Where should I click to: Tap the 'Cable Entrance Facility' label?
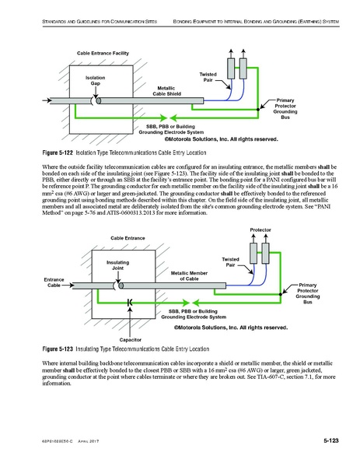[102, 52]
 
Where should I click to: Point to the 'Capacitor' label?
[130, 340]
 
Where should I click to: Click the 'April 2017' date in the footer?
[90, 443]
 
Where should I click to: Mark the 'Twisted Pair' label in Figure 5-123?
[230, 262]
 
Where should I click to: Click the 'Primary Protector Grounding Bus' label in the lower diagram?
[309, 294]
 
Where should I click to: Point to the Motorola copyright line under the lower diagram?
[225, 328]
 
